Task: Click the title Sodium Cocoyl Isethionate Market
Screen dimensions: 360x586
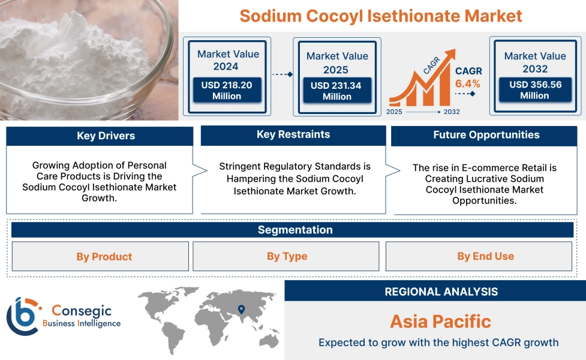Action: (381, 16)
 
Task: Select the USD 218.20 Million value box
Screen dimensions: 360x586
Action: (227, 91)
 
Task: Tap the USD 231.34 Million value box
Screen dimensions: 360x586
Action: (336, 91)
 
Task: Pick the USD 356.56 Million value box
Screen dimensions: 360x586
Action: (535, 91)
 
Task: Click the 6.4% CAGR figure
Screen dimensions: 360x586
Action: (468, 83)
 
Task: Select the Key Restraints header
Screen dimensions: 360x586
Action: (293, 134)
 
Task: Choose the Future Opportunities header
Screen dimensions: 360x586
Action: (486, 135)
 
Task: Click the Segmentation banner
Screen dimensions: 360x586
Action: (294, 230)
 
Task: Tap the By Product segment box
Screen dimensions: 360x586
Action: (100, 257)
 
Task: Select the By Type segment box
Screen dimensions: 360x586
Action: (286, 256)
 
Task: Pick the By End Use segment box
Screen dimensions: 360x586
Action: (485, 256)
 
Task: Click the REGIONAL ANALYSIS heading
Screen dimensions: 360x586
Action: (441, 292)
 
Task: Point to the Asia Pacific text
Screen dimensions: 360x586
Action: (440, 322)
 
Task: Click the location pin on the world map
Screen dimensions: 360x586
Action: (242, 310)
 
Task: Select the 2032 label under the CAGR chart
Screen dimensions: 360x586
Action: (452, 112)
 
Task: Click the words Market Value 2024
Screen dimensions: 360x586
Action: (228, 60)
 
